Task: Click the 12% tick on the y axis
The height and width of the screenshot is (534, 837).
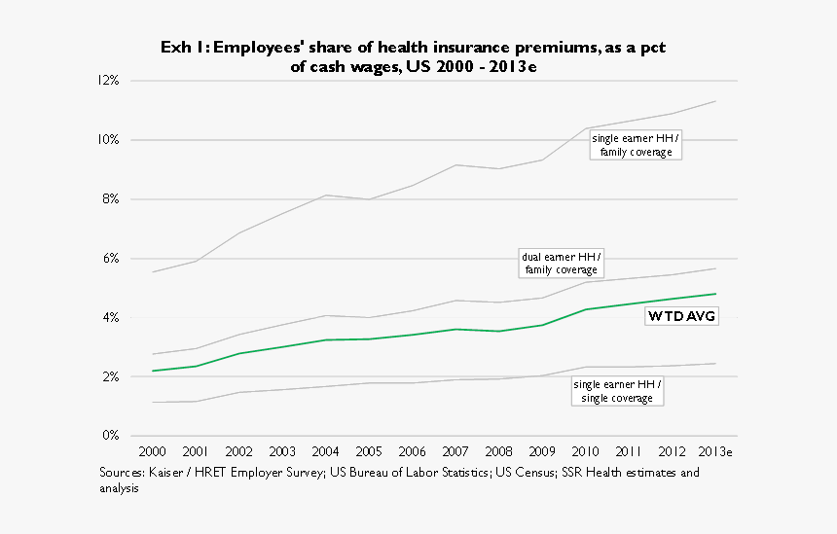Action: click(107, 80)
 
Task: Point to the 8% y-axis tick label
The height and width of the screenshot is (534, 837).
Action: click(109, 198)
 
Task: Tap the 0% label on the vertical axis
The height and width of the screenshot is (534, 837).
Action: click(109, 435)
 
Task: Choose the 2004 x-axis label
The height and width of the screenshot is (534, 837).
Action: click(325, 452)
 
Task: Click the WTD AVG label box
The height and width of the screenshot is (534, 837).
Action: click(681, 316)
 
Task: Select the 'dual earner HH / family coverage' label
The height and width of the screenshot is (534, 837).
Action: click(562, 264)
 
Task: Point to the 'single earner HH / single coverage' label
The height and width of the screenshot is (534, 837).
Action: click(617, 392)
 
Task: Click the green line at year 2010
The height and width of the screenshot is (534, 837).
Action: click(585, 309)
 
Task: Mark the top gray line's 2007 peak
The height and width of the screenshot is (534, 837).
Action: click(455, 165)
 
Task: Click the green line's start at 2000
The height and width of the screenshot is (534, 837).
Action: click(153, 371)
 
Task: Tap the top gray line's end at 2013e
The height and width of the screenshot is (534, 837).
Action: click(715, 101)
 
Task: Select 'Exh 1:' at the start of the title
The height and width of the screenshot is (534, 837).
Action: click(182, 48)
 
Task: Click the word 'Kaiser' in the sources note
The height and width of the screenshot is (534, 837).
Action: click(164, 473)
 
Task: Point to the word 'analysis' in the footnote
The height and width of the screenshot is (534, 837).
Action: click(119, 489)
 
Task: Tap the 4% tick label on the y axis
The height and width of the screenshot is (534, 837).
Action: click(109, 317)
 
